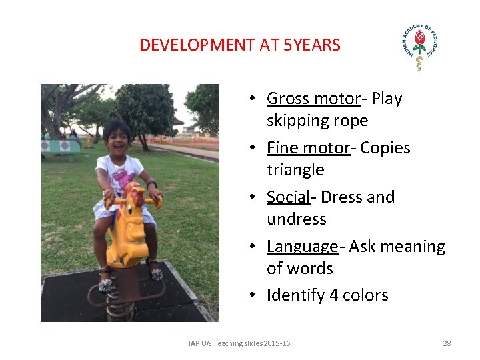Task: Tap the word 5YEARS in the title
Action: point(312,45)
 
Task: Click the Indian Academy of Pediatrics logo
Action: point(419,47)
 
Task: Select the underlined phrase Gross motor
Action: point(313,99)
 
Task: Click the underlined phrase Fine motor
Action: point(308,147)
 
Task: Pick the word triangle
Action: point(295,170)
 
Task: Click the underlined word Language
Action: point(303,246)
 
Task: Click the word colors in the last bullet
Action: point(365,295)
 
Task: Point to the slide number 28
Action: point(447,343)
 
